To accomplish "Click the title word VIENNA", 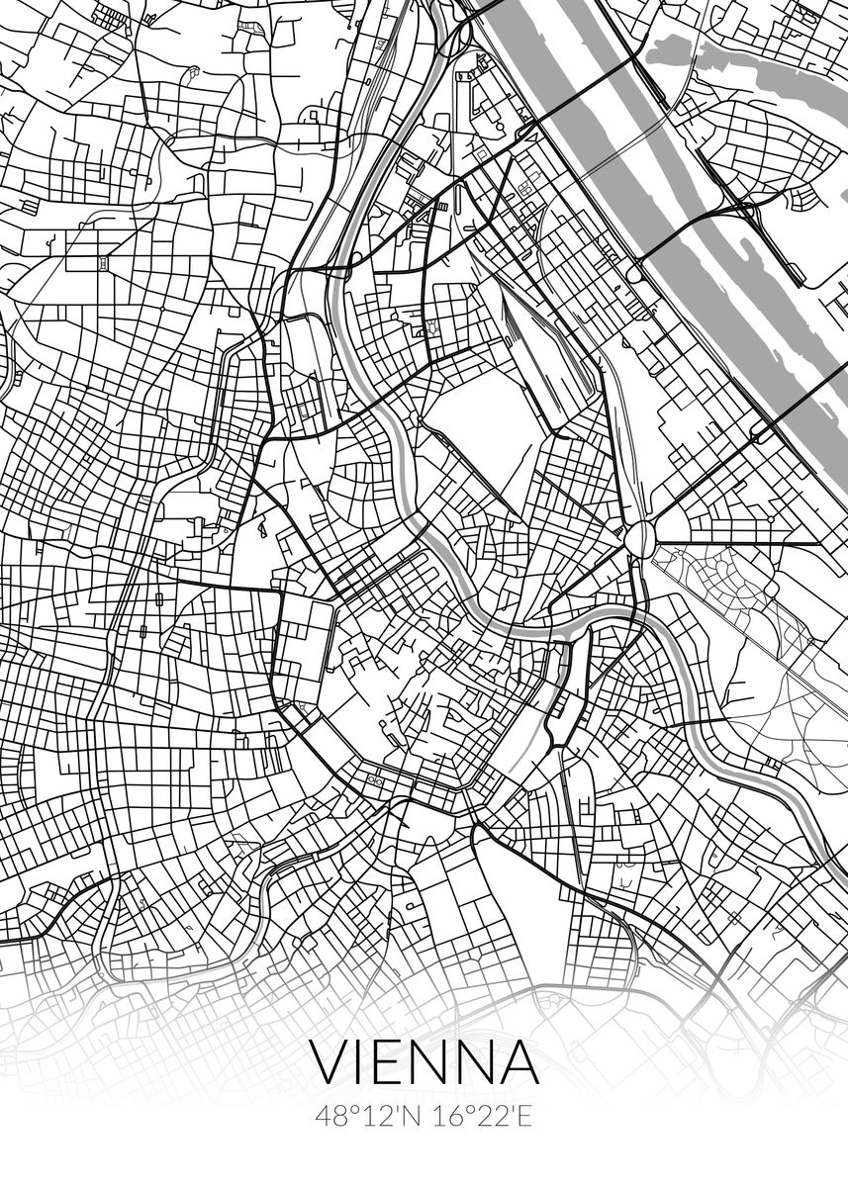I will (425, 1062).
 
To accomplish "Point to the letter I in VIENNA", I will (366, 1062).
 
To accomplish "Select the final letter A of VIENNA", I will (518, 1062).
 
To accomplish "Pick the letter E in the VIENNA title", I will (395, 1062).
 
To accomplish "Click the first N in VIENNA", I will (434, 1062).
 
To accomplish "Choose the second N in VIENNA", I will (477, 1062).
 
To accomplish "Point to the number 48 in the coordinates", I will (330, 1117).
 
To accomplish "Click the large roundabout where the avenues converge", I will (640, 539).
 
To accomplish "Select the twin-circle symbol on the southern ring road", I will (375, 781).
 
